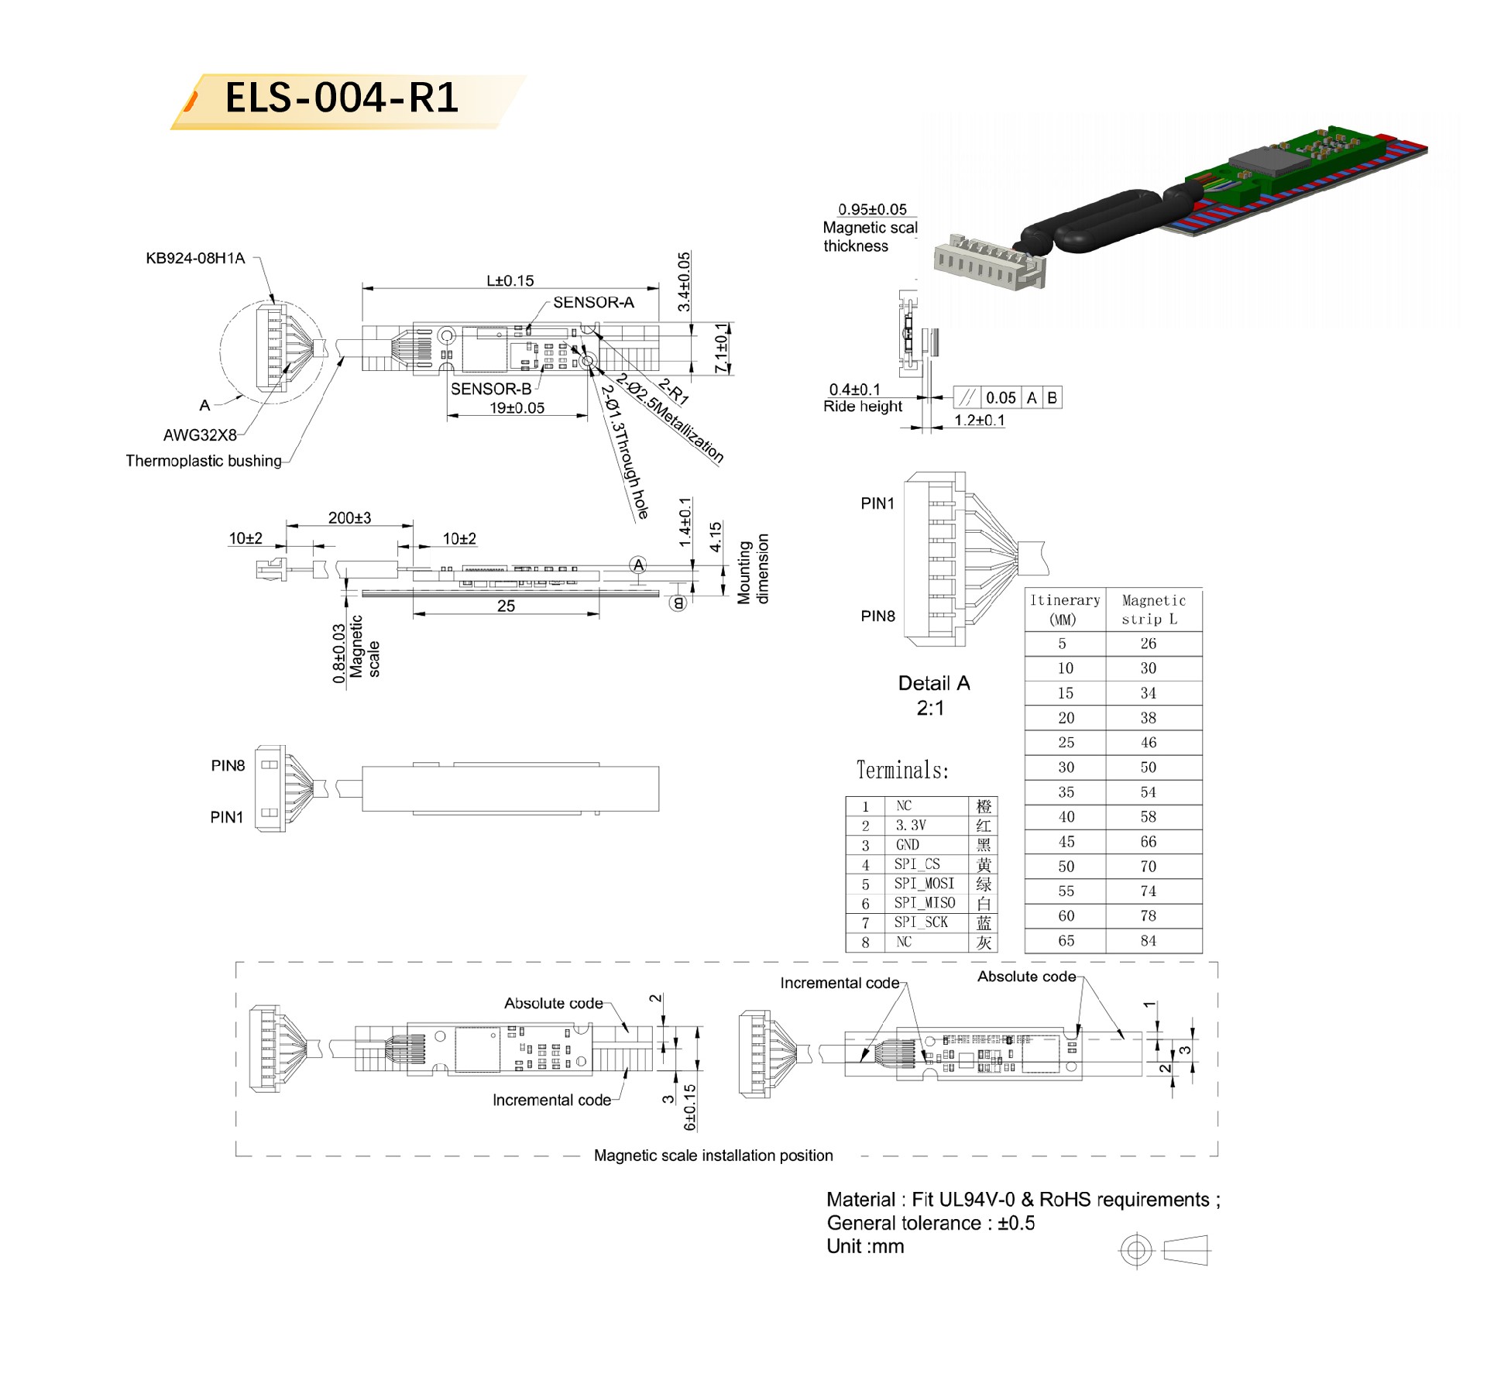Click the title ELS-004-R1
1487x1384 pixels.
[342, 98]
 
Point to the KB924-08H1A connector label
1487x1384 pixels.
[195, 258]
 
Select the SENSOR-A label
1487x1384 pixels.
[593, 303]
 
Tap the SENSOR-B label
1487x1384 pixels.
[491, 389]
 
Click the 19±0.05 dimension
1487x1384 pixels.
[517, 407]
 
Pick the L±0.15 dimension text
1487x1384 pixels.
[510, 280]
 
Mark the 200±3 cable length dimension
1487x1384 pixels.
[349, 517]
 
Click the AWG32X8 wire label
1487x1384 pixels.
[200, 435]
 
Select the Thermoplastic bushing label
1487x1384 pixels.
[204, 461]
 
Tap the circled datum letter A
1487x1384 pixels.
[638, 565]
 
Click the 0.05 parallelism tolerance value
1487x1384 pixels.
[1001, 398]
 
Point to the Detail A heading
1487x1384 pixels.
[934, 683]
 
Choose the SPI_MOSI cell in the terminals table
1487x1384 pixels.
[925, 884]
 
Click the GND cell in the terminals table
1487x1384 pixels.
[908, 845]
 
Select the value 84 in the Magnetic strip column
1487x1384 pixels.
[1149, 941]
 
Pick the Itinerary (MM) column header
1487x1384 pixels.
[1064, 610]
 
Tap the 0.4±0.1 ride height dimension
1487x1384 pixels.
[855, 390]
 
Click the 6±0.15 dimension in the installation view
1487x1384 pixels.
[690, 1107]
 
